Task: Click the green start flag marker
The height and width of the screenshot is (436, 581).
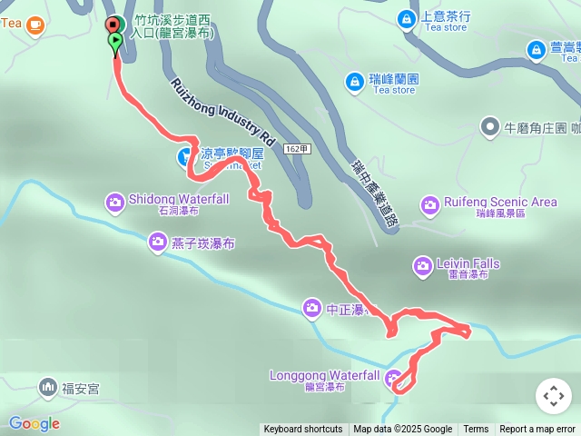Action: coord(115,42)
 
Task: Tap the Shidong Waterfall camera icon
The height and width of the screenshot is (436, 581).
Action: coord(115,201)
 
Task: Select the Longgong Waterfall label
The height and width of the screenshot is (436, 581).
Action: coord(324,375)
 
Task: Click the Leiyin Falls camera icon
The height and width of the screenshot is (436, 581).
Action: coord(422,265)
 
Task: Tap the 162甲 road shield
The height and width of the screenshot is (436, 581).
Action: coord(295,148)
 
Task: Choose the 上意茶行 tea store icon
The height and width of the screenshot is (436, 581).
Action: coord(406,17)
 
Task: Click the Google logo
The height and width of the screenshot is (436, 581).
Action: coord(34,423)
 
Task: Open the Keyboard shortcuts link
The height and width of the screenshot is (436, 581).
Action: coord(303,430)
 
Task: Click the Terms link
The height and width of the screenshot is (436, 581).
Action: coord(476,430)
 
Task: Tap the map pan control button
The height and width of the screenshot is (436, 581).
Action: coord(554,396)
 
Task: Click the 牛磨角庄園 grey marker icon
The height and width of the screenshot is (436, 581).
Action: coord(490,127)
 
